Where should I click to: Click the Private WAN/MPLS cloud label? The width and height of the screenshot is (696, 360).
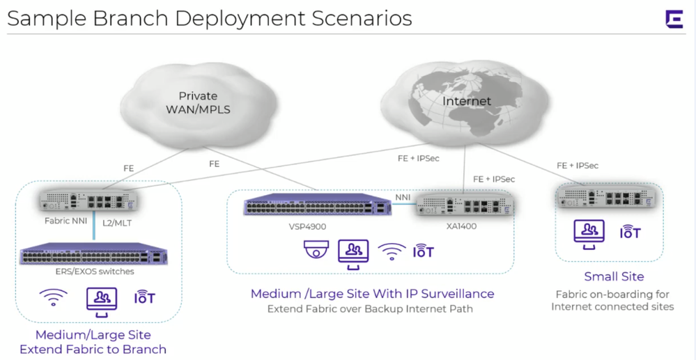(198, 102)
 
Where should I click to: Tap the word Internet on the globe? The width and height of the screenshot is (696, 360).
(466, 101)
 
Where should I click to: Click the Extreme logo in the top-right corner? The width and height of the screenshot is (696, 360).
(674, 19)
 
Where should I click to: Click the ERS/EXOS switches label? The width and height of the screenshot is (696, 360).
(94, 271)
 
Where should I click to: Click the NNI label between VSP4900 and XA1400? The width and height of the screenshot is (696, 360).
(403, 198)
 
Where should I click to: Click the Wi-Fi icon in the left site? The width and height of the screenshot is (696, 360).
(52, 299)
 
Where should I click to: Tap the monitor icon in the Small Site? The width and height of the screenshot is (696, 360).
(589, 233)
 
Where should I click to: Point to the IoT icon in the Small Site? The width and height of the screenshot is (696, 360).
(631, 232)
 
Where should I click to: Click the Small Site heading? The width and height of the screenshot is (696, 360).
(614, 276)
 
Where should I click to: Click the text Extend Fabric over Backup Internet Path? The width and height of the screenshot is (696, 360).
(370, 308)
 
